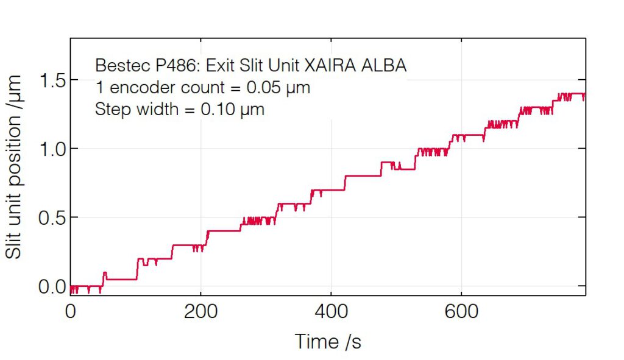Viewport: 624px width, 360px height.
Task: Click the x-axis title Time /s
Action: [x=328, y=342]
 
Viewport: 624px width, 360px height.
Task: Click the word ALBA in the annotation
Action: [x=385, y=65]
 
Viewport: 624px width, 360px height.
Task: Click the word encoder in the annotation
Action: [x=135, y=88]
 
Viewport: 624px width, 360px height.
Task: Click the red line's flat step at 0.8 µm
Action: [x=362, y=175]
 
